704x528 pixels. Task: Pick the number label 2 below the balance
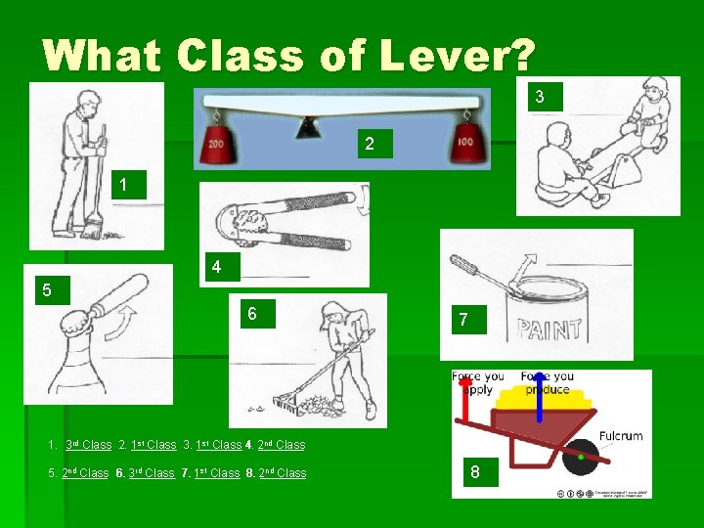pos(369,144)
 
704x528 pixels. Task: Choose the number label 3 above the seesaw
pos(539,96)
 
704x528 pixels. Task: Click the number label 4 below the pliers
pos(217,266)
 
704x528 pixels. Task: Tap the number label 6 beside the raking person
pos(251,314)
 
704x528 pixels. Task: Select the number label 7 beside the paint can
pos(463,320)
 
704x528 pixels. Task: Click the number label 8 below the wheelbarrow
pos(475,473)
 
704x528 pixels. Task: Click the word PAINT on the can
pos(550,328)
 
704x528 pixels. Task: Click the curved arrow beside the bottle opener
pos(118,324)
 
